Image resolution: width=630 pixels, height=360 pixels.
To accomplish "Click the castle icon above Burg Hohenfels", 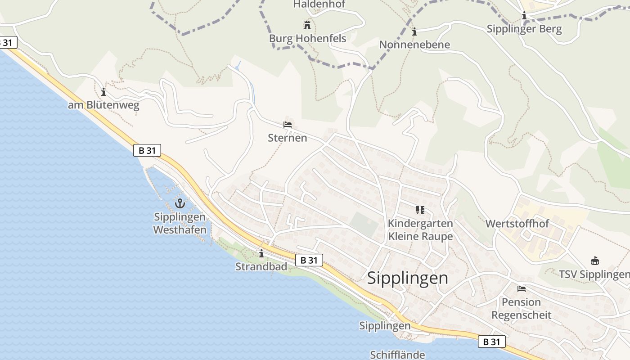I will pyautogui.click(x=308, y=25).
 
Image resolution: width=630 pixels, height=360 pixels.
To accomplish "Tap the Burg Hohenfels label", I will pyautogui.click(x=308, y=39).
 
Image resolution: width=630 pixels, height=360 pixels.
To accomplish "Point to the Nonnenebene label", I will pyautogui.click(x=414, y=45).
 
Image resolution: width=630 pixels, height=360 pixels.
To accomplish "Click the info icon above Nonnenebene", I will pyautogui.click(x=414, y=31).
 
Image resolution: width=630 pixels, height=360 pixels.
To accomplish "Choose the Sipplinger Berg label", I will pyautogui.click(x=524, y=29).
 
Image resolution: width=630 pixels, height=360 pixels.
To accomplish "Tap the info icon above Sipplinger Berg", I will pyautogui.click(x=524, y=16).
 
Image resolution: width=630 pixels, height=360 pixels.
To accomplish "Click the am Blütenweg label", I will pyautogui.click(x=104, y=106).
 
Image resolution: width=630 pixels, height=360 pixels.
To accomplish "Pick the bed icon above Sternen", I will pyautogui.click(x=288, y=124).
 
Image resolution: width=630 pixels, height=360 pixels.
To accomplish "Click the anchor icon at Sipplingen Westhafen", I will pyautogui.click(x=180, y=203).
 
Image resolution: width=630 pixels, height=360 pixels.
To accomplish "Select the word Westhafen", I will pyautogui.click(x=180, y=229).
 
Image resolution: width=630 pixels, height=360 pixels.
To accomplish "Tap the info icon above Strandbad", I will pyautogui.click(x=261, y=254).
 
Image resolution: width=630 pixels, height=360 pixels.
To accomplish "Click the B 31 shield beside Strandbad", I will pyautogui.click(x=309, y=260).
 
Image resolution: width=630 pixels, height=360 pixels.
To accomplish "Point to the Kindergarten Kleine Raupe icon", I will pyautogui.click(x=420, y=210).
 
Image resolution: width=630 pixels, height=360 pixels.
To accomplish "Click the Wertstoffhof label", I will pyautogui.click(x=517, y=224).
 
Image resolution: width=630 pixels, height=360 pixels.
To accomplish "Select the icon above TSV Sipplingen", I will pyautogui.click(x=595, y=261).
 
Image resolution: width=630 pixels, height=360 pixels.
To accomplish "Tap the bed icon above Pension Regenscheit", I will pyautogui.click(x=522, y=288).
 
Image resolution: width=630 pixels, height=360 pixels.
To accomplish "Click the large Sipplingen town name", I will pyautogui.click(x=408, y=278).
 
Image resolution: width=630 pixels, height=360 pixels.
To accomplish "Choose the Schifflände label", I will pyautogui.click(x=397, y=355).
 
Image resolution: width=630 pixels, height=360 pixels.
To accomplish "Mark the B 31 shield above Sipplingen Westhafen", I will pyautogui.click(x=147, y=150).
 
